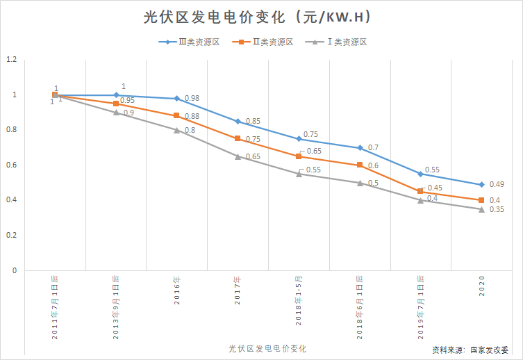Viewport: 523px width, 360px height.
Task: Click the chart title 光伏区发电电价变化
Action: pyautogui.click(x=260, y=17)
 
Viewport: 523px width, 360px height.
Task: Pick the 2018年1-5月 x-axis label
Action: pyautogui.click(x=299, y=300)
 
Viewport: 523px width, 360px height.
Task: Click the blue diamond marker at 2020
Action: pyautogui.click(x=481, y=184)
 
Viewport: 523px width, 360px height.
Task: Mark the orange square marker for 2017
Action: pyautogui.click(x=238, y=139)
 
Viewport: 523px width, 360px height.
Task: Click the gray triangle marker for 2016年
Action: pyautogui.click(x=177, y=130)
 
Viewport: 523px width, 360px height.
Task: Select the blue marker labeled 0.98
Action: pyautogui.click(x=177, y=99)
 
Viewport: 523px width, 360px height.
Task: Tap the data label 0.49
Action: pyautogui.click(x=496, y=184)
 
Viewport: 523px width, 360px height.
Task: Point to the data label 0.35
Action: pyautogui.click(x=496, y=209)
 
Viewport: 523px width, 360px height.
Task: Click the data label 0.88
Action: pyautogui.click(x=192, y=116)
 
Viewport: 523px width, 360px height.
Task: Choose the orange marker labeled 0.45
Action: pyautogui.click(x=420, y=191)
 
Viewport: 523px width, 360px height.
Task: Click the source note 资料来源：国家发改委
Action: pyautogui.click(x=470, y=350)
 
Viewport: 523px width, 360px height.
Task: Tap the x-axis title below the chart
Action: pyautogui.click(x=267, y=347)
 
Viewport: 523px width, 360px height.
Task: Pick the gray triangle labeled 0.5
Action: pyautogui.click(x=360, y=183)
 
